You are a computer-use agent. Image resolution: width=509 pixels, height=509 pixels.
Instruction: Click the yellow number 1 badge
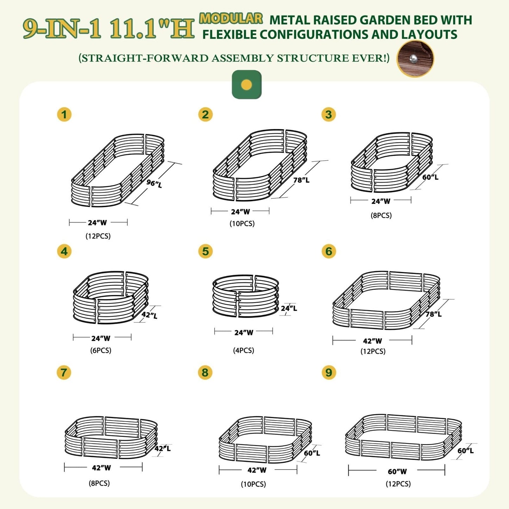point(64,114)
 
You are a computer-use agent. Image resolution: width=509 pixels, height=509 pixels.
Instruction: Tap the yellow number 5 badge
point(205,251)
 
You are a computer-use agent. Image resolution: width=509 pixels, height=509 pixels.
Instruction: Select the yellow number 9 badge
point(329,373)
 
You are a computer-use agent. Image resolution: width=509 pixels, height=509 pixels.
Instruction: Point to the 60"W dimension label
point(397,472)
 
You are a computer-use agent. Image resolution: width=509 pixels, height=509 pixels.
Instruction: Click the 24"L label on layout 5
point(289,308)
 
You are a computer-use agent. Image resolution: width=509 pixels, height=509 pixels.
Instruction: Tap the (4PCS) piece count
point(243,350)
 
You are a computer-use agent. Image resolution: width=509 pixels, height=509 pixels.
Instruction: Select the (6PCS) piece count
point(101,350)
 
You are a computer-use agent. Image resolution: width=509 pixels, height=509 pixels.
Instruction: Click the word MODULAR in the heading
point(231,18)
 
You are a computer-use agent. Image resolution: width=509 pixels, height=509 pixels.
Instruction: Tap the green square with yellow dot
point(247,85)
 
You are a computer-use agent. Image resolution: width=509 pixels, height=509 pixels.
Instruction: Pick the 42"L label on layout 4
point(149,315)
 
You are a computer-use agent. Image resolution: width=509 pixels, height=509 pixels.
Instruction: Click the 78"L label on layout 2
point(302,180)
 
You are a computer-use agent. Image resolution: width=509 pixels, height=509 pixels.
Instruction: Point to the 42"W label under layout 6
point(372,341)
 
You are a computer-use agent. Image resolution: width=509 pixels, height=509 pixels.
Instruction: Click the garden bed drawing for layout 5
point(246,296)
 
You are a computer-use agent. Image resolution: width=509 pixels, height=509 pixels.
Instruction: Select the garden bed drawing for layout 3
point(392,162)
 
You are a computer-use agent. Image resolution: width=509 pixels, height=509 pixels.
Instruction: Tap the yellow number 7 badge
point(64,373)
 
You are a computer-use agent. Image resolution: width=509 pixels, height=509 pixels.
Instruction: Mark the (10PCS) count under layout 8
point(253,484)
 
